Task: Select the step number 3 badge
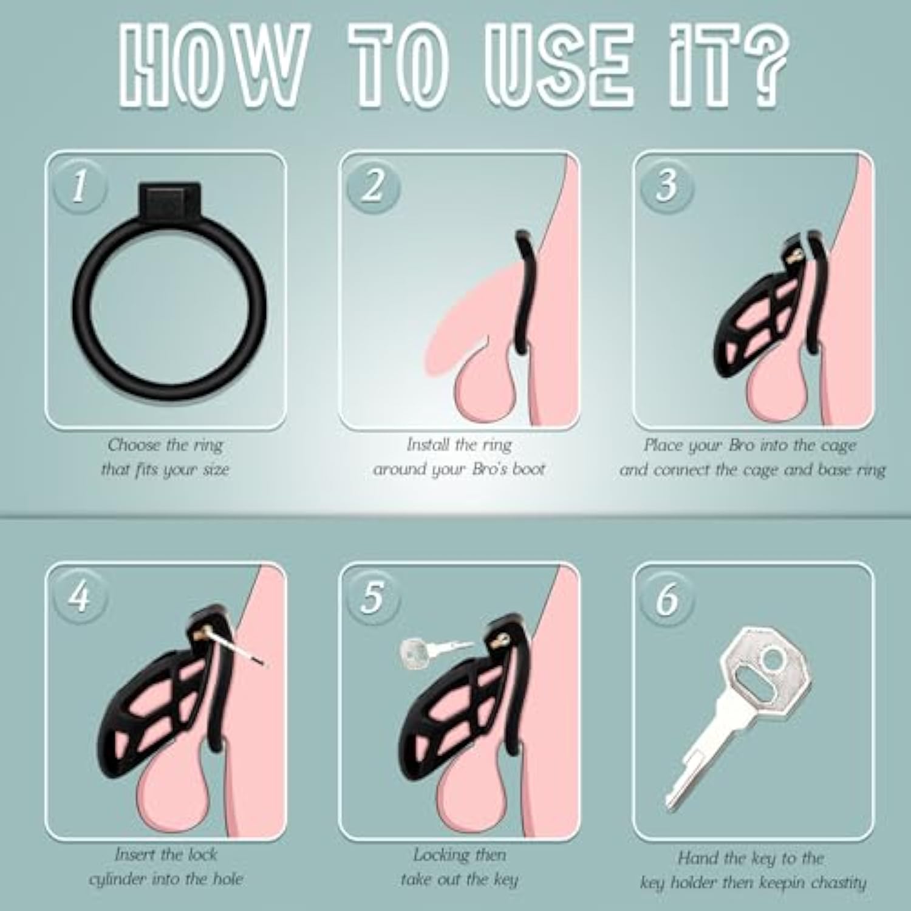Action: pyautogui.click(x=667, y=186)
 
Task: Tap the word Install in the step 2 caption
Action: pyautogui.click(x=428, y=445)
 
